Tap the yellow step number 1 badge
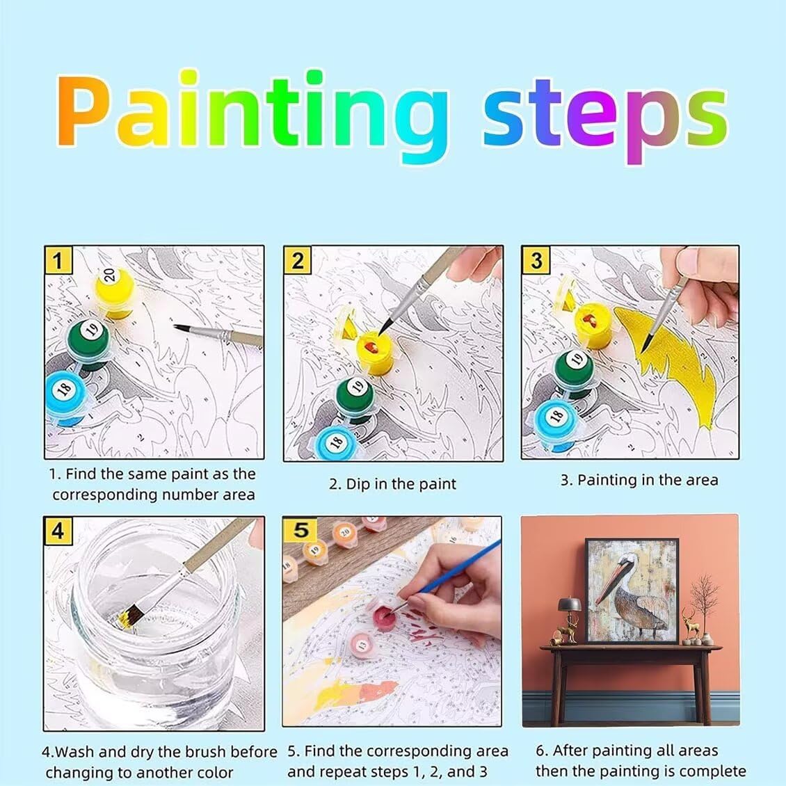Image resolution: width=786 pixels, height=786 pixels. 58,260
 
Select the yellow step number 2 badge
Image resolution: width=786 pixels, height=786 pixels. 297,260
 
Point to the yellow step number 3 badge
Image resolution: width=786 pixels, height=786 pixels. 536,260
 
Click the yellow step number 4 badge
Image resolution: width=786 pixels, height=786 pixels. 58,531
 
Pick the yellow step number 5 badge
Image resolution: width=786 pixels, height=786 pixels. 300,530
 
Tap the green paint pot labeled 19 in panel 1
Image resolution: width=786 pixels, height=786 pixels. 89,343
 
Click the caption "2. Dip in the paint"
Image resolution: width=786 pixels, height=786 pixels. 392,484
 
